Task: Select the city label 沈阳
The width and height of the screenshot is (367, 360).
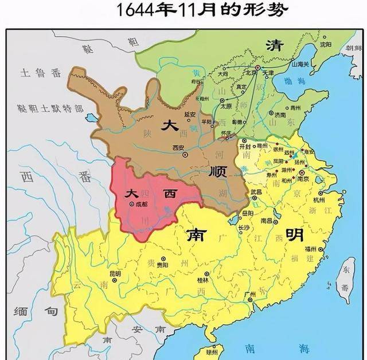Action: click(326, 44)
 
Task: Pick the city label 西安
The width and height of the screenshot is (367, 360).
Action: click(179, 147)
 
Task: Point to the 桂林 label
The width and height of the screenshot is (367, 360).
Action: click(202, 280)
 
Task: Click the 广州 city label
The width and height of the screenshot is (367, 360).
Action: click(250, 294)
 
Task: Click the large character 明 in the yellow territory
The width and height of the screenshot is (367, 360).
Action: click(294, 234)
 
